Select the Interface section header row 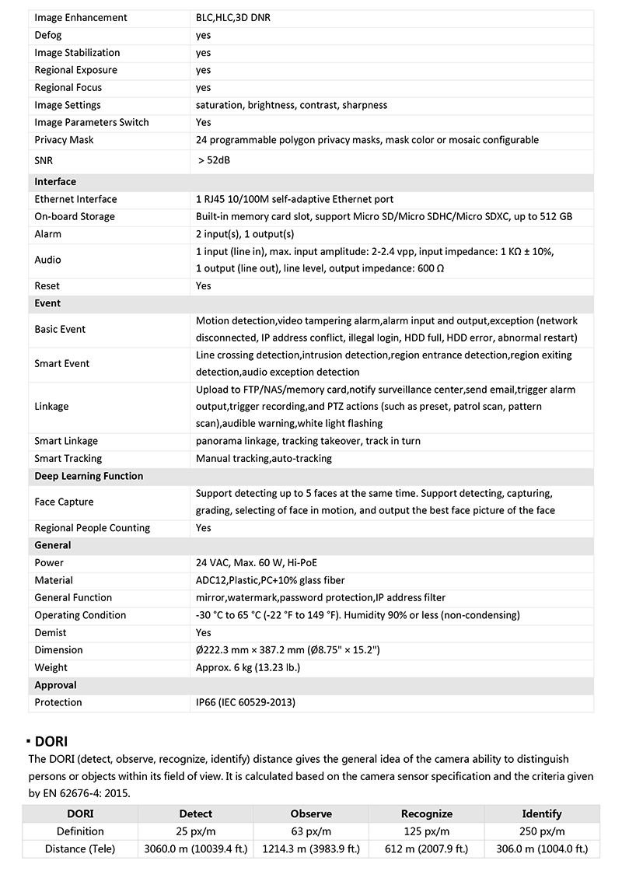[55, 182]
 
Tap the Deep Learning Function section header [89, 476]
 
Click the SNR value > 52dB [215, 160]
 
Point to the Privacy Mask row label [64, 140]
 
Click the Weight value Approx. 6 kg [248, 667]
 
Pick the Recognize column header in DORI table [426, 813]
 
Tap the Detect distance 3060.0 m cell [196, 848]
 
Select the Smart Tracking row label [68, 459]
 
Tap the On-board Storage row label [75, 216]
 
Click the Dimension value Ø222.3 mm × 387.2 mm [288, 650]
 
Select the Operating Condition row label [80, 615]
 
